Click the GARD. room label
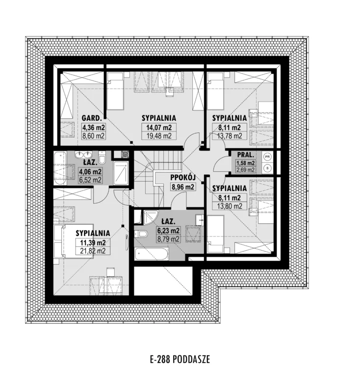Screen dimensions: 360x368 [92, 118]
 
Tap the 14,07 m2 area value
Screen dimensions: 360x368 [159, 128]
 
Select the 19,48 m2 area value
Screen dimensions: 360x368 [159, 135]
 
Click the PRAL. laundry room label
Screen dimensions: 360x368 [246, 155]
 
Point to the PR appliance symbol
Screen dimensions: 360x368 [267, 157]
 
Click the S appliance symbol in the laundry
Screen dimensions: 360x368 [267, 168]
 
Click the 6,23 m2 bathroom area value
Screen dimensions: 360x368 [168, 231]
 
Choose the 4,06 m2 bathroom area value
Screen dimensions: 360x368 [91, 172]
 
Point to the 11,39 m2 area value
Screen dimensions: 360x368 [93, 242]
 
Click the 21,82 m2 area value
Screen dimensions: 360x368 [93, 251]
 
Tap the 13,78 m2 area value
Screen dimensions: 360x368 [230, 135]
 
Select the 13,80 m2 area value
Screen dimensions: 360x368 [230, 206]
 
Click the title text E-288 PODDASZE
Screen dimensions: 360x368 [180, 359]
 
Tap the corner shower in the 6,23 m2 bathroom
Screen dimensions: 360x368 [150, 217]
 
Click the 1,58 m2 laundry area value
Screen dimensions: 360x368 [246, 163]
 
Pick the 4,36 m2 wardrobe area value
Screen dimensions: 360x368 [94, 128]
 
